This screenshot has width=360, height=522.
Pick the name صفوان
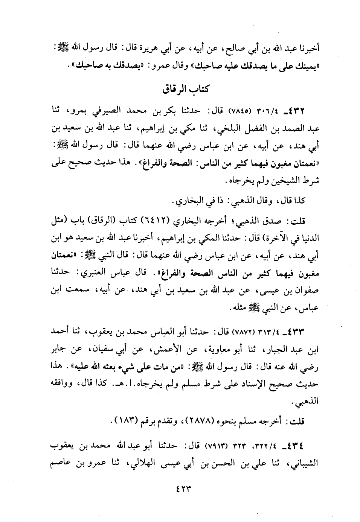click(x=305, y=290)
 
